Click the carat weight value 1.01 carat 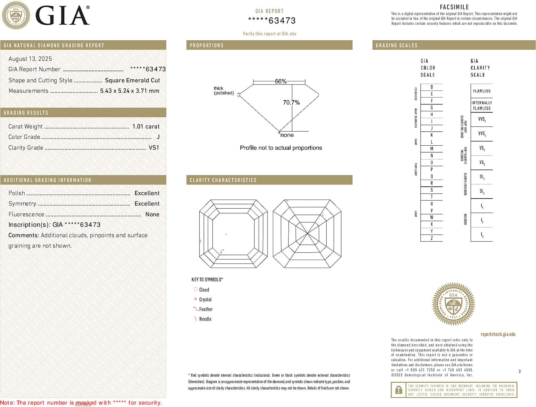[x=146, y=127]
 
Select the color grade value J [x=158, y=137]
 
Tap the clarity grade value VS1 [x=154, y=148]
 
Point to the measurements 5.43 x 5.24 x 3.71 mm [x=130, y=91]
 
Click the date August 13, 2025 [x=30, y=59]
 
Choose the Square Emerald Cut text [x=132, y=80]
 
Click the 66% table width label [x=280, y=81]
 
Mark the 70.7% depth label [x=291, y=102]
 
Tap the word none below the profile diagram [x=287, y=135]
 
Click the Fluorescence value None [x=152, y=214]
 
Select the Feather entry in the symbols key [x=206, y=309]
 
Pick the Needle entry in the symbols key [x=205, y=319]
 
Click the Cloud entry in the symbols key [x=204, y=290]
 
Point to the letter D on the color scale [x=432, y=87]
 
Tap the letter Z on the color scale [x=432, y=238]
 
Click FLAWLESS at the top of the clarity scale [x=482, y=91]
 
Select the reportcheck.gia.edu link [x=498, y=334]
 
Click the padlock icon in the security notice [x=398, y=390]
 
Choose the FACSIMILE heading [x=454, y=7]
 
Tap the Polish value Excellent [x=147, y=193]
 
